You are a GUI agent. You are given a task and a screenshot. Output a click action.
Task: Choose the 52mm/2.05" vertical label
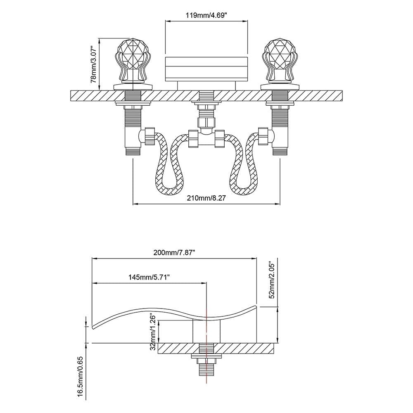[271, 279]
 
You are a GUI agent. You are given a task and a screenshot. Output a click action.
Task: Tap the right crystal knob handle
[280, 60]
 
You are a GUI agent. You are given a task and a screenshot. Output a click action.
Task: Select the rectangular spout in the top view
[206, 69]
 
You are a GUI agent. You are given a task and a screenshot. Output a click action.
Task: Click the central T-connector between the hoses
[206, 138]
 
